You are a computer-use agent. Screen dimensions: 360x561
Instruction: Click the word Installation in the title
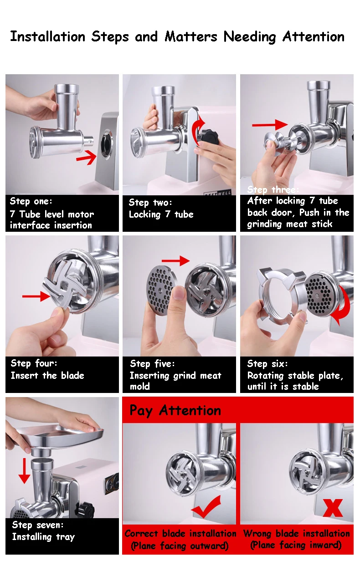48,36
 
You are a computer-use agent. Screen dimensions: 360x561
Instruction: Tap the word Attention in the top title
314,36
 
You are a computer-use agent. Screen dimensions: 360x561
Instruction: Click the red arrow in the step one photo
87,157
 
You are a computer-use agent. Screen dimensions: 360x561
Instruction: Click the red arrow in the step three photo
270,124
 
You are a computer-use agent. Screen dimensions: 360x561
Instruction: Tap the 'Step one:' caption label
31,201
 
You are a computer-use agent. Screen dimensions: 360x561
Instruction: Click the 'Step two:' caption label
150,202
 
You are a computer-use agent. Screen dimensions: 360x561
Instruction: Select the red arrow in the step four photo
36,296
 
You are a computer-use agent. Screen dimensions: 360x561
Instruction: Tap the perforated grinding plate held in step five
161,290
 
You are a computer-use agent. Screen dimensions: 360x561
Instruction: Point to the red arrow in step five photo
175,261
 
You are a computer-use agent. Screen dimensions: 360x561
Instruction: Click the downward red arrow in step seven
24,471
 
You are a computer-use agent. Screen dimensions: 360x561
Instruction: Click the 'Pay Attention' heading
175,411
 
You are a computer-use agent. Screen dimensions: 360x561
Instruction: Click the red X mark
333,508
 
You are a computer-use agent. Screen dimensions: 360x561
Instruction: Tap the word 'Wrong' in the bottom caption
257,534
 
